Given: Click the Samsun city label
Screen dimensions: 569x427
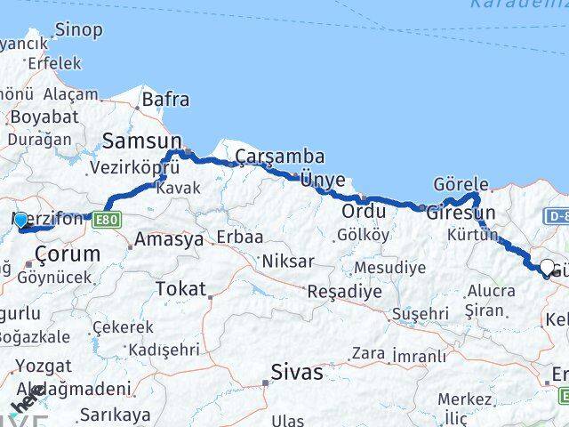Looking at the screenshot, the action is click(x=142, y=141).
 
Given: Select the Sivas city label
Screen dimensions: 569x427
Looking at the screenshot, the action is click(x=297, y=372).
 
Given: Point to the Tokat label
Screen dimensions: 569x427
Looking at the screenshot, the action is click(x=180, y=288).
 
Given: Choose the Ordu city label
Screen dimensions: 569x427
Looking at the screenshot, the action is click(x=365, y=212).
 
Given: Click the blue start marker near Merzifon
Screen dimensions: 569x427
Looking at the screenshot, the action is click(x=20, y=219).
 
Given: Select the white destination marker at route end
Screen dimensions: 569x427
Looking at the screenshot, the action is click(x=548, y=267).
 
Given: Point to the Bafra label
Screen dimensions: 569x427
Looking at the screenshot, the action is click(x=165, y=100).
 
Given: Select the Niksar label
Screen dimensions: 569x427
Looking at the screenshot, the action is click(x=287, y=262).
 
